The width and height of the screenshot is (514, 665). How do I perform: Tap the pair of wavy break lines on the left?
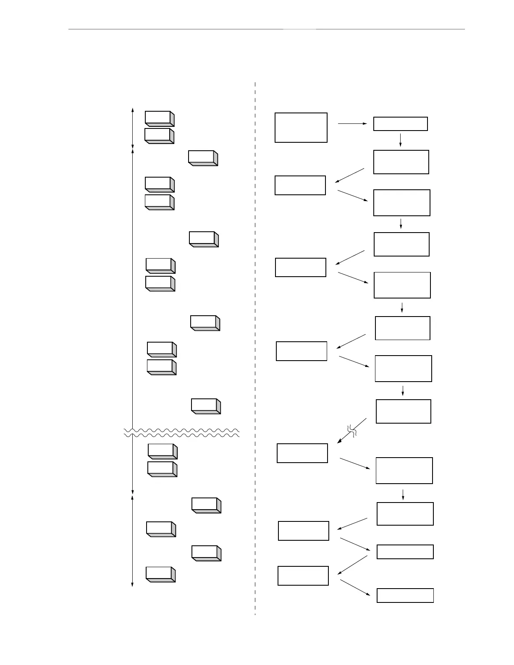pos(181,433)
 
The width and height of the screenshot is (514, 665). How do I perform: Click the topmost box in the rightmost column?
pos(400,124)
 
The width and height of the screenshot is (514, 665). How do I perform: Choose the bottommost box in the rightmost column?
pos(405,595)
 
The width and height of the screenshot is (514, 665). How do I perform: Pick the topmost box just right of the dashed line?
pos(301,127)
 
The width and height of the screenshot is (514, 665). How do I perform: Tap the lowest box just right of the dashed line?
pos(303,576)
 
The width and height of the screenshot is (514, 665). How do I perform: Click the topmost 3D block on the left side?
pos(159,118)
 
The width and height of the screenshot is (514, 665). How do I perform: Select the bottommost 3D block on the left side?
pos(160,574)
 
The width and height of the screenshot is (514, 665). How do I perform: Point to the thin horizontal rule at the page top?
pos(266,29)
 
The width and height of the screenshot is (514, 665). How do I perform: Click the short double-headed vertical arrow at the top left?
pos(133,128)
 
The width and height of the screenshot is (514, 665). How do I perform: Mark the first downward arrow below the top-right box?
pos(400,140)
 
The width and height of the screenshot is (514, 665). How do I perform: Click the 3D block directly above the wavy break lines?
pos(206,406)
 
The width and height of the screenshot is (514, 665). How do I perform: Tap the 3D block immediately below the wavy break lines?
pos(162,451)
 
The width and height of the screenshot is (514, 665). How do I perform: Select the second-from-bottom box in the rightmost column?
pos(405,552)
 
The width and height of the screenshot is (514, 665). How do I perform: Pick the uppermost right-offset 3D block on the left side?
pos(203,158)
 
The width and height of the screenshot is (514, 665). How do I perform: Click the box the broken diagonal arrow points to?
pos(302,453)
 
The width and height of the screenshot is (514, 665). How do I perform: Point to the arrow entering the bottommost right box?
pos(355,587)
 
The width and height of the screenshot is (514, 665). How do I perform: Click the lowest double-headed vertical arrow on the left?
pos(133,540)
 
